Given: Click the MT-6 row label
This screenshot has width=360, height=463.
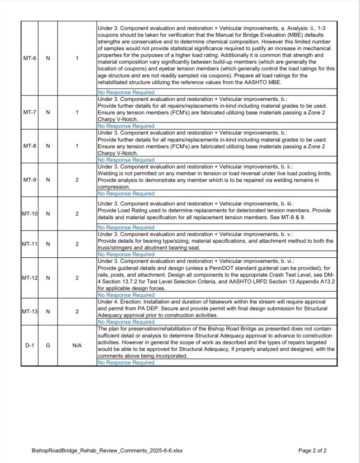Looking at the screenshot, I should pyautogui.click(x=30, y=58).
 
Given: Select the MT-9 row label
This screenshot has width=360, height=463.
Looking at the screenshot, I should pyautogui.click(x=30, y=180).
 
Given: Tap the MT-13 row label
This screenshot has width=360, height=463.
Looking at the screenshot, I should pyautogui.click(x=30, y=312).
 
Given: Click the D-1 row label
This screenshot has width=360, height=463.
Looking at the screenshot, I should pyautogui.click(x=30, y=345).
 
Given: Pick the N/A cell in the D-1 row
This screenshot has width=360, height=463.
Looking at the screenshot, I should pyautogui.click(x=77, y=345).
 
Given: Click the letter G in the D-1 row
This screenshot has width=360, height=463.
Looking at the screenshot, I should pyautogui.click(x=48, y=345).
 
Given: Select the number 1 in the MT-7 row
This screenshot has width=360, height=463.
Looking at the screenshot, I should pyautogui.click(x=77, y=113).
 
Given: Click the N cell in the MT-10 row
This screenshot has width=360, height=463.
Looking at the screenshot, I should pyautogui.click(x=48, y=213).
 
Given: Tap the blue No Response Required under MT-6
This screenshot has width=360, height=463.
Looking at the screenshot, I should pyautogui.click(x=126, y=92).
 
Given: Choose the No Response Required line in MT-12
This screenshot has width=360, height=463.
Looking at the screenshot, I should pyautogui.click(x=126, y=295).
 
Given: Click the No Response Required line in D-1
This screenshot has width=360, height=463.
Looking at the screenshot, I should pyautogui.click(x=126, y=363).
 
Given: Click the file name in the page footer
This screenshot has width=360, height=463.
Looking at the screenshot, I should pyautogui.click(x=107, y=451).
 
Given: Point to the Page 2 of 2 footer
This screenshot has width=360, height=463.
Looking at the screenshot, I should pyautogui.click(x=313, y=451).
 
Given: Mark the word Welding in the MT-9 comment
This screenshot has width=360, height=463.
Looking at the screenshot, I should pyautogui.click(x=108, y=174).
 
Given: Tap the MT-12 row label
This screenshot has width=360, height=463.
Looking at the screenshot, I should pyautogui.click(x=30, y=278).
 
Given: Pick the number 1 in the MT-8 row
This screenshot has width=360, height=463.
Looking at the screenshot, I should pyautogui.click(x=77, y=146).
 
